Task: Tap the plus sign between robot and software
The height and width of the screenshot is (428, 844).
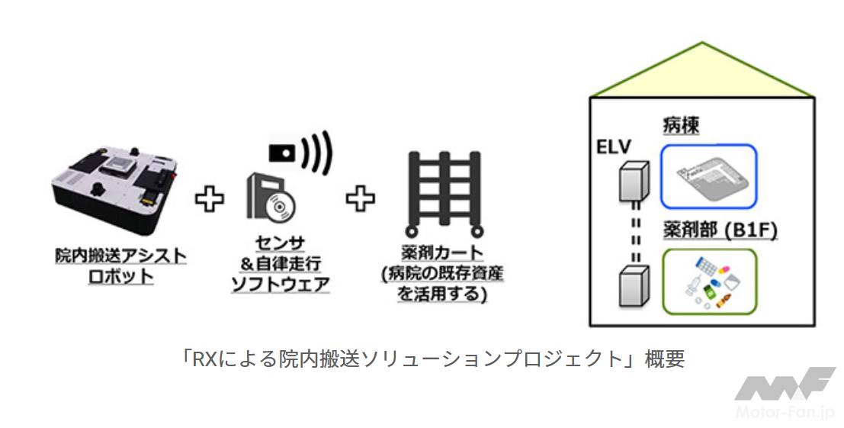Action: [209, 200]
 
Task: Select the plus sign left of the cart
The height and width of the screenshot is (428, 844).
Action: [361, 199]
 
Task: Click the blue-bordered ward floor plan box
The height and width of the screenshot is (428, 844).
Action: [708, 176]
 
